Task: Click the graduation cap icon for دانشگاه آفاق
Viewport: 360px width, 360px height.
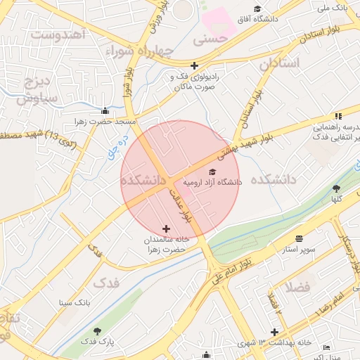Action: [x=258, y=9]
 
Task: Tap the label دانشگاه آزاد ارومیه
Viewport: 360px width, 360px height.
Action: [x=212, y=181]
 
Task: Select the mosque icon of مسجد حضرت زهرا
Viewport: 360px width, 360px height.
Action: [x=105, y=110]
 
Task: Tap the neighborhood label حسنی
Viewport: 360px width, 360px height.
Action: [x=211, y=40]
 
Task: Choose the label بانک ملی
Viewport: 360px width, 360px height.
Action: [x=333, y=8]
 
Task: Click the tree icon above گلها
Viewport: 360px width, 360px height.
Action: [x=336, y=188]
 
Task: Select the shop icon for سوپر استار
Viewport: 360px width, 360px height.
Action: [x=300, y=239]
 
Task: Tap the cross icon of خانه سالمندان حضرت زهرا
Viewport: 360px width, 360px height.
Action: [x=166, y=229]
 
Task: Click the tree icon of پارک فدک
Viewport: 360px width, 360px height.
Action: [x=97, y=330]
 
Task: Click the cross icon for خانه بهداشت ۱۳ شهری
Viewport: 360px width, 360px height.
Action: [x=274, y=332]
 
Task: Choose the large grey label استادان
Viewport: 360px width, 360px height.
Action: [x=279, y=64]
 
